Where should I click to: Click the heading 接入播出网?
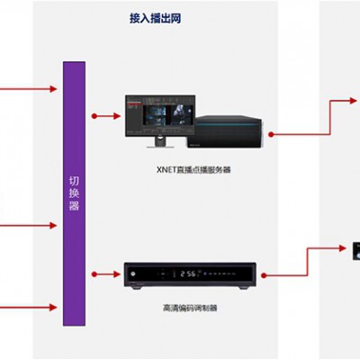(x=155, y=18)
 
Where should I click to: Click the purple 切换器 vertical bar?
(x=74, y=193)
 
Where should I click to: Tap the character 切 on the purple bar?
(x=74, y=181)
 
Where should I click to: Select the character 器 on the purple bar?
(x=74, y=206)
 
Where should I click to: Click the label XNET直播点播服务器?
(x=193, y=170)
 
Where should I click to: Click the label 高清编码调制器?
(x=190, y=308)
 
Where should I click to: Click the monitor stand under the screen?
(x=160, y=142)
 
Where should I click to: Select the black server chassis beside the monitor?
(x=226, y=131)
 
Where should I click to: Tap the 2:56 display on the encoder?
(x=188, y=274)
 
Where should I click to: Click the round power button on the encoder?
(x=132, y=274)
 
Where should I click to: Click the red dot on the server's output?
(x=271, y=135)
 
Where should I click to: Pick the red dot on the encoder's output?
(x=264, y=275)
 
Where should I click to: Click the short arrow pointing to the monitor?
(x=106, y=116)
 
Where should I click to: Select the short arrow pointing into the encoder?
(x=106, y=274)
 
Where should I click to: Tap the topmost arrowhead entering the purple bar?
(x=53, y=89)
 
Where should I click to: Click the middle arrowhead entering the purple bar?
(x=53, y=225)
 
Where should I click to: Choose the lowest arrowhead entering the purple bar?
(x=53, y=307)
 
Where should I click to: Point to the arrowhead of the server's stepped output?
(x=353, y=101)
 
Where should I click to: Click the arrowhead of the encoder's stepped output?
(x=342, y=248)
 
